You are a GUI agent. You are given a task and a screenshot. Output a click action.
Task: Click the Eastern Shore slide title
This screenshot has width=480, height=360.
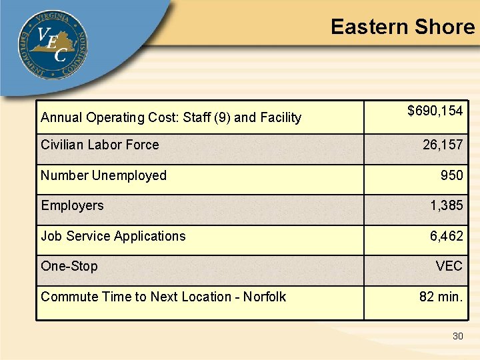coord(402,27)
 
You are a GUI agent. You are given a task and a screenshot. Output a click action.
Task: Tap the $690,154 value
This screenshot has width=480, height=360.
coord(435,111)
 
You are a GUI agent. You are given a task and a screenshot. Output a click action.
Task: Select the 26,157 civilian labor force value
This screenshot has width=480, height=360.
coord(442,145)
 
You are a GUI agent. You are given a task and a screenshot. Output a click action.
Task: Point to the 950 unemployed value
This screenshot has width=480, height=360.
coord(451,175)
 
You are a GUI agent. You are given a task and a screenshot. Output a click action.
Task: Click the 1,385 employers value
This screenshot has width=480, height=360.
coord(446,205)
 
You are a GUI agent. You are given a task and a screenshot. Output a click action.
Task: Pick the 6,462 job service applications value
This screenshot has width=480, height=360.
coord(446,236)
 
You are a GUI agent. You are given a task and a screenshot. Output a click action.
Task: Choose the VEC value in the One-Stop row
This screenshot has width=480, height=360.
coord(449,266)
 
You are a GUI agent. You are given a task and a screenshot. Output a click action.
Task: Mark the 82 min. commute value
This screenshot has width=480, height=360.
coord(441,297)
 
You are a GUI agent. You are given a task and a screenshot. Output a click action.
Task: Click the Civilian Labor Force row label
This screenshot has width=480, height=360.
coord(100,145)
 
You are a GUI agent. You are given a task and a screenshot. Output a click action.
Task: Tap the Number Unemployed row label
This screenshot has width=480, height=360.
coord(103,175)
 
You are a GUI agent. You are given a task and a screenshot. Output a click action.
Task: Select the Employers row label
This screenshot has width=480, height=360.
coord(72,205)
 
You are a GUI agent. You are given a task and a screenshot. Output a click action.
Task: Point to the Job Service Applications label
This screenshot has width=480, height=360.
coord(113,236)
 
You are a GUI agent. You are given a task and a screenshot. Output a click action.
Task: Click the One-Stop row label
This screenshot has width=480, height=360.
coord(69,266)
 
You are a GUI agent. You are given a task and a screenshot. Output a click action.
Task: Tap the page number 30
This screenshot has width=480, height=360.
coord(457,336)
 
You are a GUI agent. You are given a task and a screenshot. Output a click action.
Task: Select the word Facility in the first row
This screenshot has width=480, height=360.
coord(280,118)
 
